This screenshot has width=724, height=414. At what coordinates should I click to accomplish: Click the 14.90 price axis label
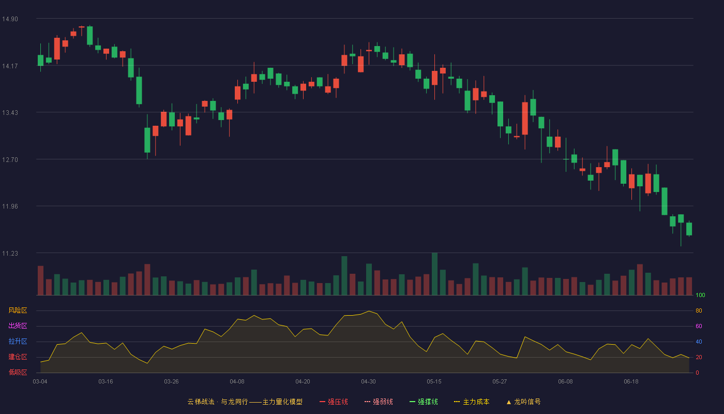coord(10,19)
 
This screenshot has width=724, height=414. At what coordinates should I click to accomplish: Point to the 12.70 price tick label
coord(10,160)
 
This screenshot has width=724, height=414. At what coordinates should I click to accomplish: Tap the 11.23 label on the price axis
coord(10,254)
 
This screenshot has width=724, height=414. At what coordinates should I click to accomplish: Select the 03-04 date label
coord(40,382)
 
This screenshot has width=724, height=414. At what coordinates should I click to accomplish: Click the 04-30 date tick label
coord(368,382)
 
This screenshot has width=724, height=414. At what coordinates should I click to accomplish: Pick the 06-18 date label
coord(631,382)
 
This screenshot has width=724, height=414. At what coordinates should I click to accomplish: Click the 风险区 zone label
coord(18,310)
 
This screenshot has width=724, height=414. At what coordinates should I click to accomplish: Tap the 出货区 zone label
coord(18,326)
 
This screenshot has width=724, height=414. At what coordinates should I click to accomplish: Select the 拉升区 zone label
coord(18,341)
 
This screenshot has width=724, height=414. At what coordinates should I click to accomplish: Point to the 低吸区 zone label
coord(18,372)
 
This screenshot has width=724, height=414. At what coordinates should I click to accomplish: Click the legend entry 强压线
coord(334,402)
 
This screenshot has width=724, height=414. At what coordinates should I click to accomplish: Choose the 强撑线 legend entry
coord(424,402)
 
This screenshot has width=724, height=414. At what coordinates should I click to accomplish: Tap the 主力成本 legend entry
coord(472,402)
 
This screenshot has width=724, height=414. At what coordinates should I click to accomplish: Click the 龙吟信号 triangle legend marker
coord(509,403)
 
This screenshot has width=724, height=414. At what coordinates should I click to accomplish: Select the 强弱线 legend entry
coord(379,402)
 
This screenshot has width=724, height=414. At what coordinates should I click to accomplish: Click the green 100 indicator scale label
coord(700,295)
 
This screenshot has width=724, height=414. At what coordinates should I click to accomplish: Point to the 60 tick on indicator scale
coord(699,326)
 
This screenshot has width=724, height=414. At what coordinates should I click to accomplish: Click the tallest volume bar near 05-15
coord(435,274)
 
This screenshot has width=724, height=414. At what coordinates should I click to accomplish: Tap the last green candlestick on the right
coord(689,229)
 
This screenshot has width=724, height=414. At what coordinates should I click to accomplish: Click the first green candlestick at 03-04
coord(40,60)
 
